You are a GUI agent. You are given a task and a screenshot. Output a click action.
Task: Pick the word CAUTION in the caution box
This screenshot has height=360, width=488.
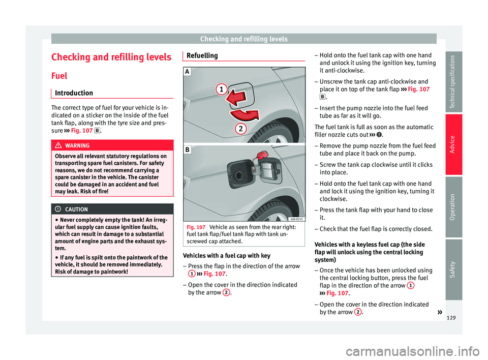76,209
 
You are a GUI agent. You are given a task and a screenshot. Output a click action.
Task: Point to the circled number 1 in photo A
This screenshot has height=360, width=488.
221,90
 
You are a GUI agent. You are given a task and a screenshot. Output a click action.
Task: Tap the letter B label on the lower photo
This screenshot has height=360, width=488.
188,151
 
